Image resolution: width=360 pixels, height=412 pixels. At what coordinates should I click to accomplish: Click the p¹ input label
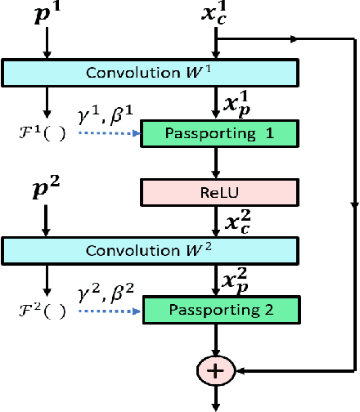[47, 14]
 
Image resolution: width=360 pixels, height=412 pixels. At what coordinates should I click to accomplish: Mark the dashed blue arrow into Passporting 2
[111, 309]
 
